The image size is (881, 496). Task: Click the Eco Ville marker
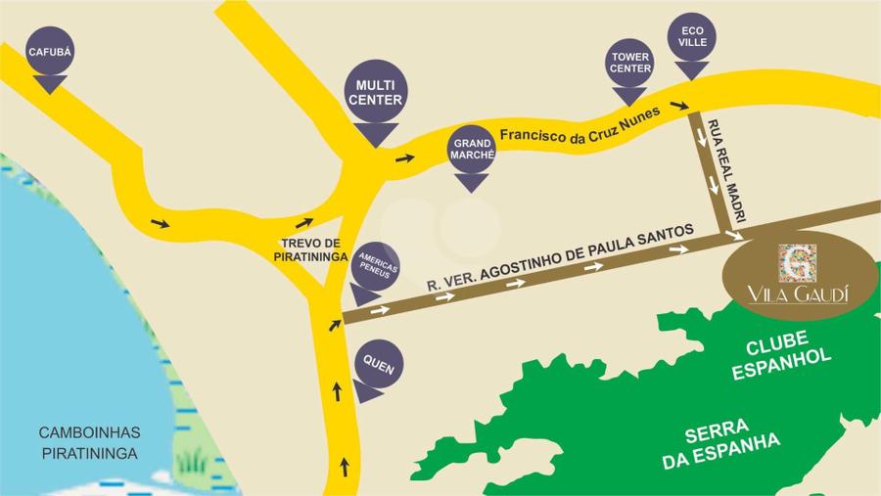[x=691, y=38]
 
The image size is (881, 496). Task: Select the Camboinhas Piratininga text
[x=90, y=442]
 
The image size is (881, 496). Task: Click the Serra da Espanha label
[x=721, y=444]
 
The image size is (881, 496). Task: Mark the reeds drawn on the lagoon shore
[x=191, y=459]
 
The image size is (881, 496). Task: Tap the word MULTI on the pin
[x=375, y=85]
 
